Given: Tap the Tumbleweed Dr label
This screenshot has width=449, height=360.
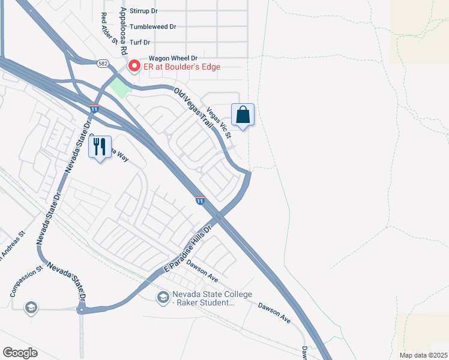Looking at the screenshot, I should tap(152, 26).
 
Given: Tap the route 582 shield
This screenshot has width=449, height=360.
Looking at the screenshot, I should tap(102, 62).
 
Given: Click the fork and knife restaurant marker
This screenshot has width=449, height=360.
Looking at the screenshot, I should tap(100, 147).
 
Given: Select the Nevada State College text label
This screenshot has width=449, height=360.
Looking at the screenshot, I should tap(203, 298).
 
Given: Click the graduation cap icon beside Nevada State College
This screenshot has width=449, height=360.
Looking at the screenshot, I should tap(163, 297).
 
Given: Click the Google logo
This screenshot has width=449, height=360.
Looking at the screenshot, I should tap(20, 353).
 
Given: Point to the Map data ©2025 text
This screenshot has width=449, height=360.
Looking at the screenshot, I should tap(423, 355).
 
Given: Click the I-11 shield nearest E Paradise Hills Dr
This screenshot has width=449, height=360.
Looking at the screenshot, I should tap(199, 200).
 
